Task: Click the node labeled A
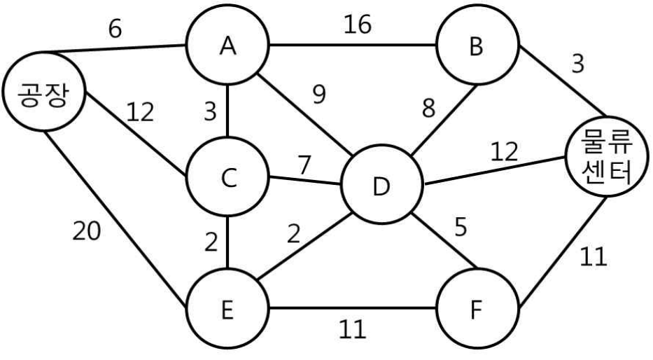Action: coord(227,45)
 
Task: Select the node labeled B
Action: coord(477,45)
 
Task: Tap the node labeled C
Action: coord(227,177)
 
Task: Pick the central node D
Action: coord(381,185)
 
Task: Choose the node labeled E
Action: coord(227,309)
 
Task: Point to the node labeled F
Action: coord(477,309)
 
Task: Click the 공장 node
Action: coord(44,92)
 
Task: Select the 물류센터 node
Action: coord(608,157)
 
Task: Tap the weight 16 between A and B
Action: coord(358,25)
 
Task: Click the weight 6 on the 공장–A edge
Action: coord(115,29)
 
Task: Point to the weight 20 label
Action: coord(87,230)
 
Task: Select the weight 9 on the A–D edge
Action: coord(319,94)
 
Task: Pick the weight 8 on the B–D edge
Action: coord(428,107)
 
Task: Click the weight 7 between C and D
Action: coord(304,165)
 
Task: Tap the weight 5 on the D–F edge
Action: coord(461,227)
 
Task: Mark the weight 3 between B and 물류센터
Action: coord(578,64)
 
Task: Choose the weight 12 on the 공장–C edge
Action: coord(140,112)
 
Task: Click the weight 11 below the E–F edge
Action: coord(352,328)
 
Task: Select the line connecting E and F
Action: coord(352,309)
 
